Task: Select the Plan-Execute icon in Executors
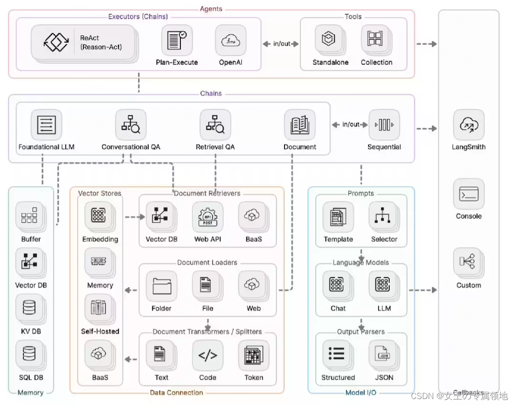coord(177,41)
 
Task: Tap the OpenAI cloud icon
coord(230,41)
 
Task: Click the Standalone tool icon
coord(330,41)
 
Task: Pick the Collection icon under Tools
coord(376,41)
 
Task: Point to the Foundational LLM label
coord(46,147)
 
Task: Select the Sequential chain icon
coord(384,125)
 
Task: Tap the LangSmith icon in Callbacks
coord(469,125)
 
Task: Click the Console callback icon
coord(469,194)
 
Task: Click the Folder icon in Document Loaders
coord(162,286)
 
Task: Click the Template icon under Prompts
coord(338,217)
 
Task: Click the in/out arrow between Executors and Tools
coord(280,44)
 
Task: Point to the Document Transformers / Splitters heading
coord(207,332)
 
